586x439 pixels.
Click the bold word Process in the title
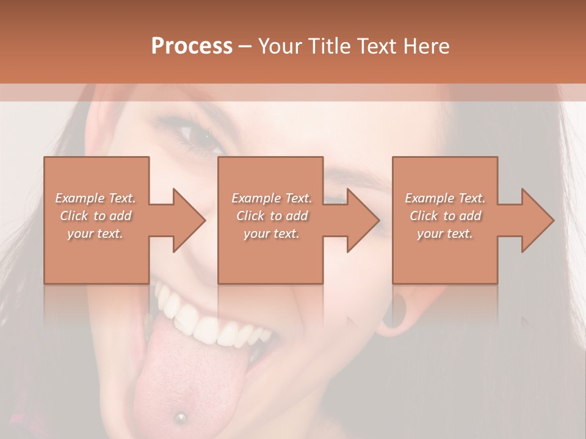pyautogui.click(x=192, y=46)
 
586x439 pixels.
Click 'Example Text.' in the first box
pyautogui.click(x=95, y=198)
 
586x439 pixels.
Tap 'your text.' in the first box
pyautogui.click(x=95, y=234)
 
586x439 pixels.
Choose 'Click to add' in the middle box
pyautogui.click(x=272, y=216)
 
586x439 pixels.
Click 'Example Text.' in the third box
pyautogui.click(x=445, y=198)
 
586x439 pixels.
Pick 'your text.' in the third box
pyautogui.click(x=445, y=234)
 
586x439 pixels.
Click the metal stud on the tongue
pyautogui.click(x=181, y=417)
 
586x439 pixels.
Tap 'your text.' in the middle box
pyautogui.click(x=272, y=234)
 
